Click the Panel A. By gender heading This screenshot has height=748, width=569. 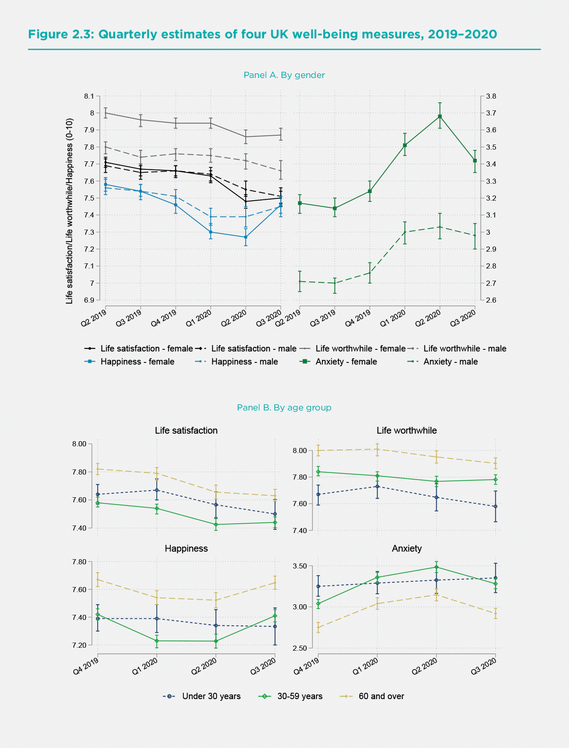click(284, 75)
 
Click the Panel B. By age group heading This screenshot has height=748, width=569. click(284, 408)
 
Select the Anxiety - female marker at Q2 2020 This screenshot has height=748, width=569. click(440, 117)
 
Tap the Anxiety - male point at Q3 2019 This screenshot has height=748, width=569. click(335, 283)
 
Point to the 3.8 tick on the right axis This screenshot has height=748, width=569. click(491, 97)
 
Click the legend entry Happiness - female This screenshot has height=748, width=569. click(137, 362)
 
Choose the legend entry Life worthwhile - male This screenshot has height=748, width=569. click(464, 349)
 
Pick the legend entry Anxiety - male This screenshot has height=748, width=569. click(450, 362)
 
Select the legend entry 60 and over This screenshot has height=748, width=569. click(381, 696)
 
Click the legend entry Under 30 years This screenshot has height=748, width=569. click(211, 696)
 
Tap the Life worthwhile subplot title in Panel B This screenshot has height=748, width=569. click(406, 430)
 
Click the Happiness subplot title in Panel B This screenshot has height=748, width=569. click(186, 548)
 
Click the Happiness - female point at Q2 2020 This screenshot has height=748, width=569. click(245, 237)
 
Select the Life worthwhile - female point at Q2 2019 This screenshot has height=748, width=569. click(105, 113)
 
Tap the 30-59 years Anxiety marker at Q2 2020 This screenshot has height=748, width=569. click(436, 567)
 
